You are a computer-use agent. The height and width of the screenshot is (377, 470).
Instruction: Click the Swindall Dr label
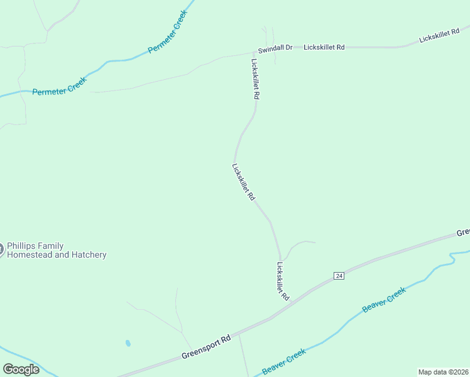[275, 48]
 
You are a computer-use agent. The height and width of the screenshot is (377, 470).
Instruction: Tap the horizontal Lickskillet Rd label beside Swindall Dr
[324, 47]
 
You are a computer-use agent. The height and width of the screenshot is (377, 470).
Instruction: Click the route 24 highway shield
[339, 276]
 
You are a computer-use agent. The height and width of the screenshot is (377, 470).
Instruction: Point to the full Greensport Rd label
[206, 346]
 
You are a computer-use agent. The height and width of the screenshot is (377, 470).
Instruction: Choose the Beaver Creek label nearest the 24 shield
[384, 300]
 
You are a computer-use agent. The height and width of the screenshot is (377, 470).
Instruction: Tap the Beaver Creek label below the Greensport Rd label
[284, 361]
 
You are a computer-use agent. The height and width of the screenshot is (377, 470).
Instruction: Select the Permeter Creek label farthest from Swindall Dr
[58, 90]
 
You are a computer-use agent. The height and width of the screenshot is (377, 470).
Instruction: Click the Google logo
[21, 369]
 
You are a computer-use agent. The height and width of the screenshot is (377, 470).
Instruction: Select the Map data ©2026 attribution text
[444, 372]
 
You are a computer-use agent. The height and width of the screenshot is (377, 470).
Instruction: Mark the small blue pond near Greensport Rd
[128, 344]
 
